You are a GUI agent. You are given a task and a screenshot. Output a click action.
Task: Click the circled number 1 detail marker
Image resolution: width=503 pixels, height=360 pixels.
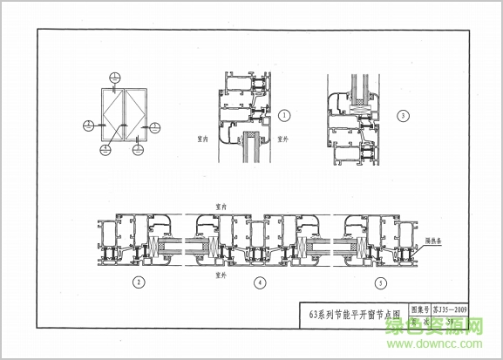coord(285,115)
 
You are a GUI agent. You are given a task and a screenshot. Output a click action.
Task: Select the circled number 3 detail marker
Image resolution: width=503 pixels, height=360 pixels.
coord(402,115)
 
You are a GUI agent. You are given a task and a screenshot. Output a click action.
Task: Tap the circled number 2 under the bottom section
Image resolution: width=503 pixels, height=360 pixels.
coord(138,282)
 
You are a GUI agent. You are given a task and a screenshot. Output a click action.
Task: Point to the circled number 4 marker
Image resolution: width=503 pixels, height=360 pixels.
coord(259,282)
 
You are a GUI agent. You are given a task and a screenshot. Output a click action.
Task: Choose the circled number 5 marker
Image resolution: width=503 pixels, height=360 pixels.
coord(380,282)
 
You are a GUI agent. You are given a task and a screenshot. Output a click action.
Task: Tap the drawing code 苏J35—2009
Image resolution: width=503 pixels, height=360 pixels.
coord(450,309)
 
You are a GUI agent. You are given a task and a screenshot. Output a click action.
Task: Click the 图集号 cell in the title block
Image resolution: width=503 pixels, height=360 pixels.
coord(420,309)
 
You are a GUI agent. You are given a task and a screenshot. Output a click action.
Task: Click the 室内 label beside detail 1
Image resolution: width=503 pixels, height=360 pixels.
coord(198,138)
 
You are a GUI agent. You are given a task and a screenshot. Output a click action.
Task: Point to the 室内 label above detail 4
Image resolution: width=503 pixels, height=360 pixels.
coord(221,206)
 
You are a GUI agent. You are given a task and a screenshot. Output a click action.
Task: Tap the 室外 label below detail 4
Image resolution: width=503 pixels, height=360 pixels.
coord(221,275)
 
